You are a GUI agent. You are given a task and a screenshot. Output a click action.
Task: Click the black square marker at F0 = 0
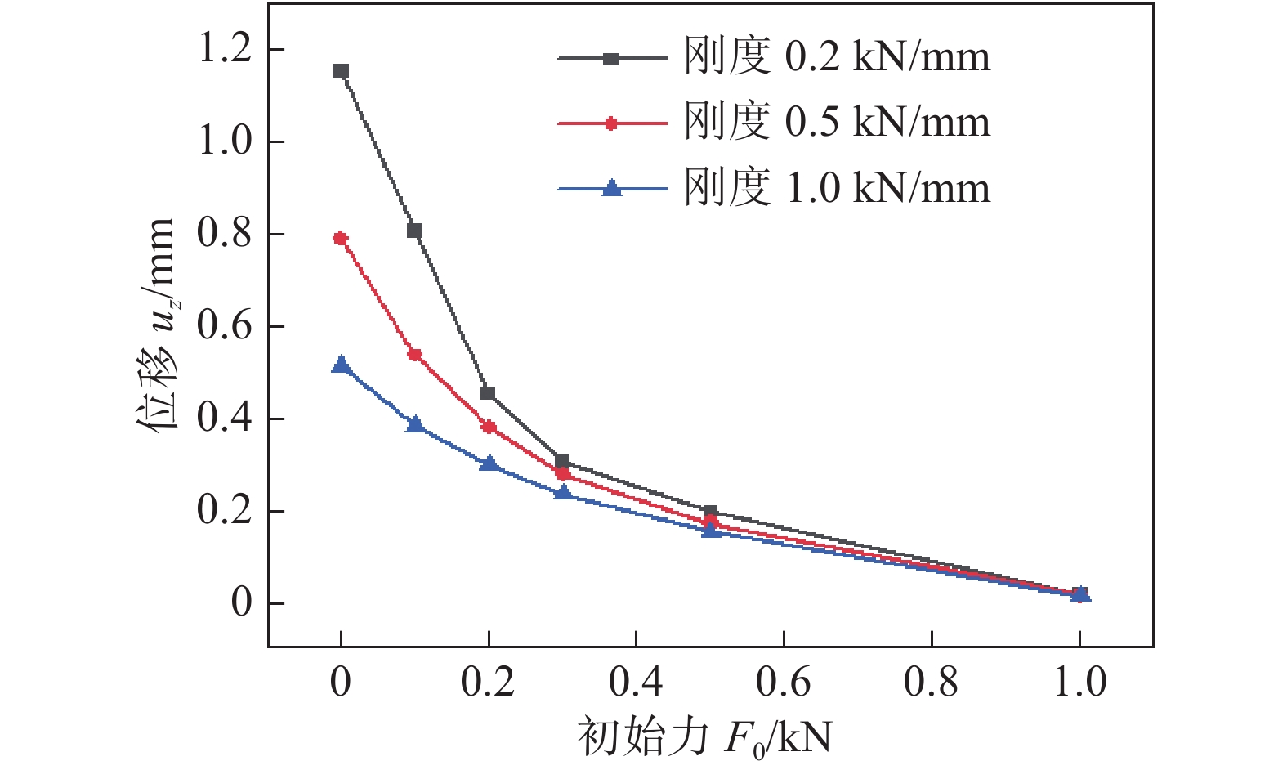(341, 71)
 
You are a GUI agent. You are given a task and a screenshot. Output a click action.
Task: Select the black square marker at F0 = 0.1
(414, 231)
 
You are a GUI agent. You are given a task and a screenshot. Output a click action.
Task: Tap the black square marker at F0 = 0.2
(488, 393)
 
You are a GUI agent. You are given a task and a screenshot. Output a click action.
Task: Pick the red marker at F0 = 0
(341, 238)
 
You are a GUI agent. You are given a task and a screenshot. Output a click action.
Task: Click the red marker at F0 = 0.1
(414, 355)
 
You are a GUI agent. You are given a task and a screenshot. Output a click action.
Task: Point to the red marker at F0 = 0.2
(489, 427)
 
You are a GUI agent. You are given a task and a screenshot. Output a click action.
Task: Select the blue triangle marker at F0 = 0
(341, 365)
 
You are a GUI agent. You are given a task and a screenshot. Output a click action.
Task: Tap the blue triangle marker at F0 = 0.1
(414, 424)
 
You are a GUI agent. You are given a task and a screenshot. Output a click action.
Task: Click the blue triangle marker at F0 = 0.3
(562, 493)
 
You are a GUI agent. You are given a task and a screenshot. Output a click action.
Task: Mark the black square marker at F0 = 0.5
(710, 513)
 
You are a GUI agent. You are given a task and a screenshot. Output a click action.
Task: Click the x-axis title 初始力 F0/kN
(704, 738)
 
